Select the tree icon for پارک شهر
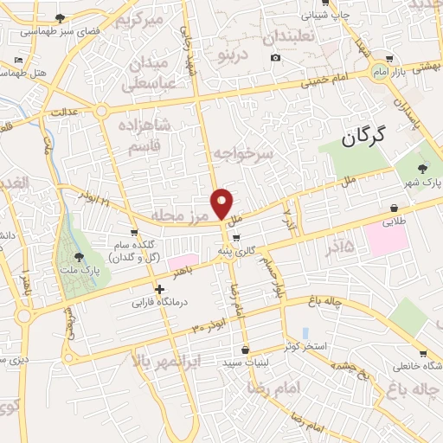422,169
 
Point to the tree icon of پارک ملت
79,257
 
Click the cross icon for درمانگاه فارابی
158,290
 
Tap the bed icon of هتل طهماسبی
18,60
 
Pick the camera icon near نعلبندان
275,58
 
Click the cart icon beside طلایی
395,209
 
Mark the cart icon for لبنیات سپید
246,350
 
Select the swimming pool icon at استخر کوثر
305,334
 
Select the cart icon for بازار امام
390,60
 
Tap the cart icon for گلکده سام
135,233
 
